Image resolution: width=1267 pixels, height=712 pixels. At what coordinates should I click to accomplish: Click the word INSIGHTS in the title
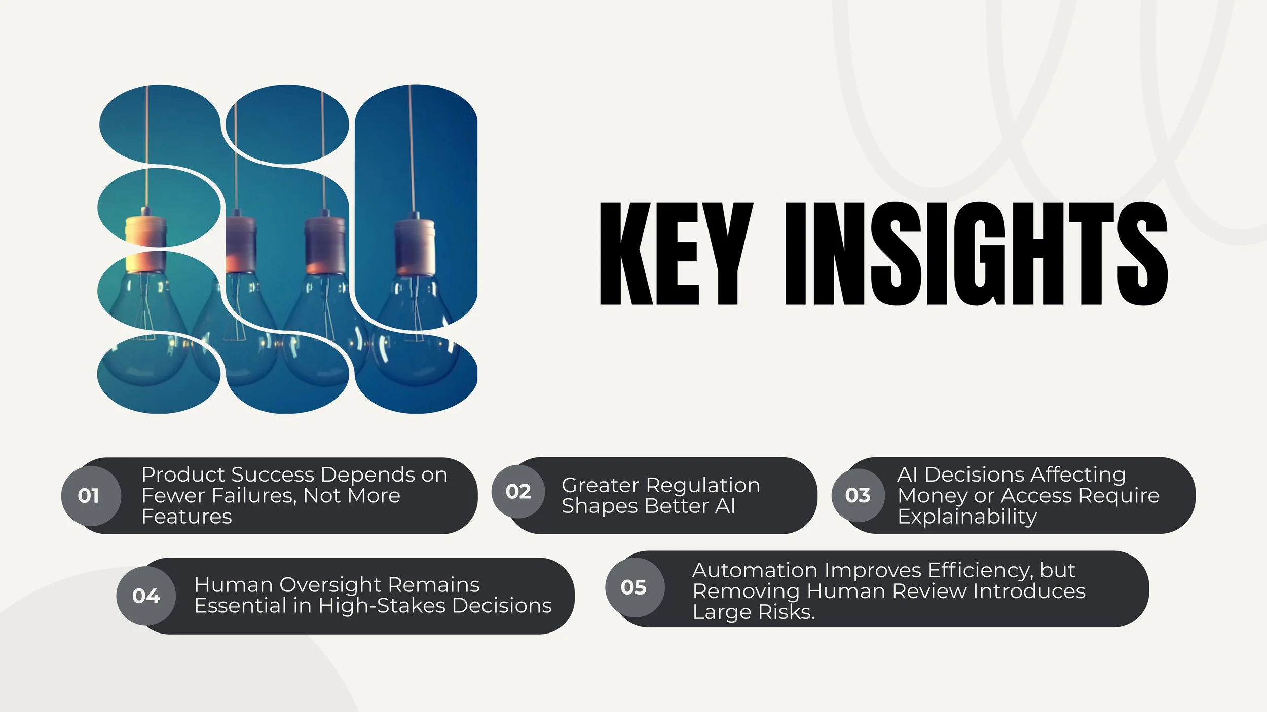tap(976, 253)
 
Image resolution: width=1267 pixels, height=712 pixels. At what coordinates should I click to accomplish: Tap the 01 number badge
tap(89, 496)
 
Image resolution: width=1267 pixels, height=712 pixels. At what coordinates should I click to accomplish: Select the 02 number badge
tap(518, 492)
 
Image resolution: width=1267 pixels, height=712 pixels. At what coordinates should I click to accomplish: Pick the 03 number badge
tap(858, 495)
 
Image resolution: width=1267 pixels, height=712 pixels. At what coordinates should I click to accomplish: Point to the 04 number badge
tap(146, 596)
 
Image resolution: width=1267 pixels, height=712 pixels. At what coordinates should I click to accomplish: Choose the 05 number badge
tap(633, 587)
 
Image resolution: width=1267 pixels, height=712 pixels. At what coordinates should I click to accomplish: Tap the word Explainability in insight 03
tap(967, 517)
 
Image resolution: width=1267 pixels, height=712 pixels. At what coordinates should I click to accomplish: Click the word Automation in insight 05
tap(755, 570)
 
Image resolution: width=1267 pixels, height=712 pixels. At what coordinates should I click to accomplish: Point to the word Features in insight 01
tap(187, 517)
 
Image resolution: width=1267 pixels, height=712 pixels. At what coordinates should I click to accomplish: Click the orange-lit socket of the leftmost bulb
tap(145, 246)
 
